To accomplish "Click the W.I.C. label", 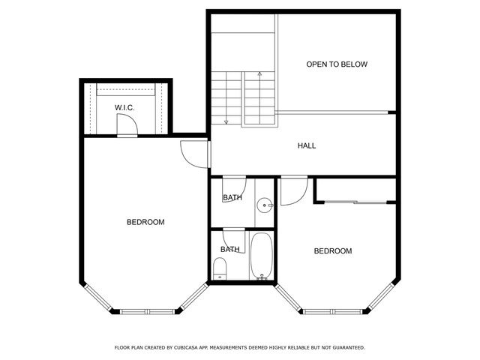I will pos(124,109).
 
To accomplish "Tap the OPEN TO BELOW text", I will pos(337,64).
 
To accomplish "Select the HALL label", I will pos(307,145).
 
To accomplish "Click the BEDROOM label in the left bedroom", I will pos(145,222).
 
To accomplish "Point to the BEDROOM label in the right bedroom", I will pos(332,250).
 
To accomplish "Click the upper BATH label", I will pos(232,198).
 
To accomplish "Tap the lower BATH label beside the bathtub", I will pos(229,249).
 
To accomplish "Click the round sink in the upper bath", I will pos(264,205).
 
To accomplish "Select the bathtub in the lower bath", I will pos(262,257).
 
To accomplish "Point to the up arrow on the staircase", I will pos(259,75).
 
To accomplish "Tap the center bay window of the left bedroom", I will pos(146,310).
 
